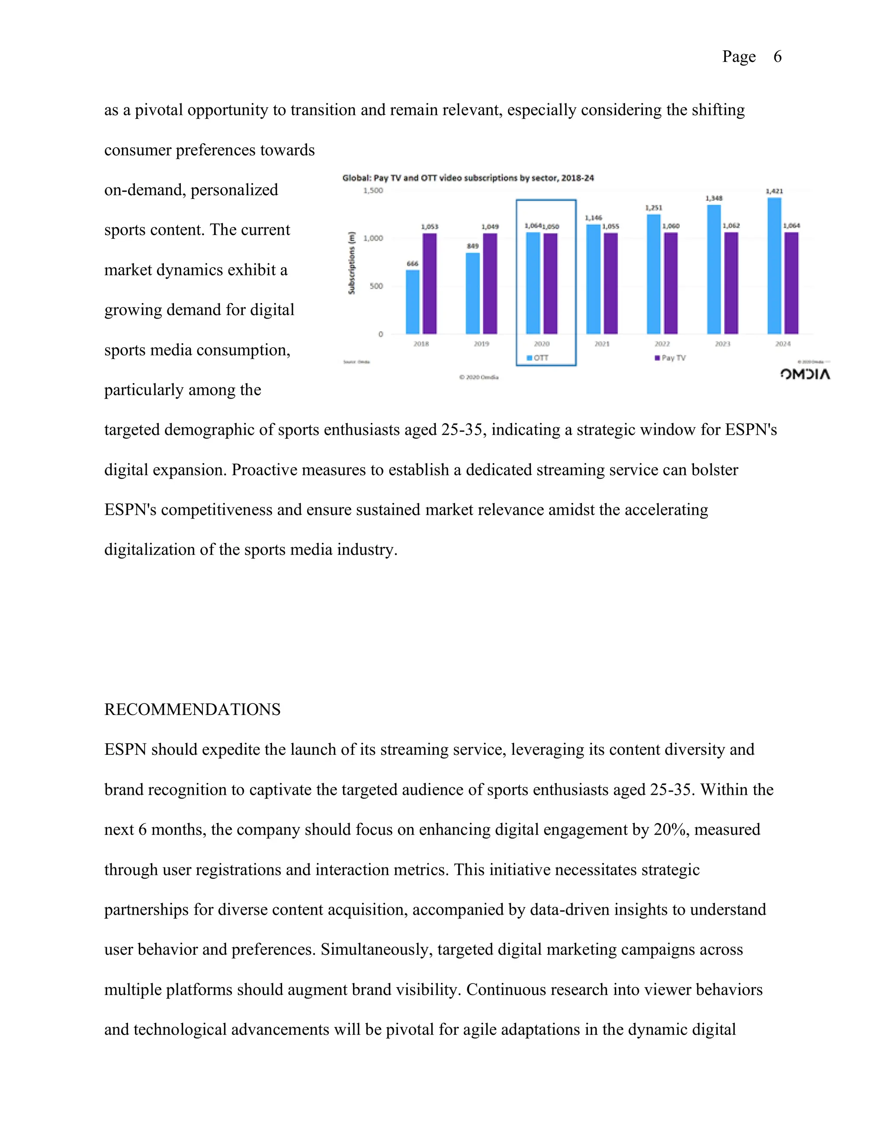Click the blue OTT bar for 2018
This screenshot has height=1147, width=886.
tap(413, 302)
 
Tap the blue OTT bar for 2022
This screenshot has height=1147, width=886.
tap(654, 274)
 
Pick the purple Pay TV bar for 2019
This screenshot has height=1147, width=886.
tap(490, 284)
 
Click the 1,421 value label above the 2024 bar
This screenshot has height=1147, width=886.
tap(774, 191)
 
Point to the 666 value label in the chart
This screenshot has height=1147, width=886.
tap(413, 264)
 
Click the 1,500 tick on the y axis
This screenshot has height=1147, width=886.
tap(373, 190)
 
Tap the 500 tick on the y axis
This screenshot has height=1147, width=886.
tap(376, 286)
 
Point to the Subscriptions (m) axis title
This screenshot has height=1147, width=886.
tap(352, 263)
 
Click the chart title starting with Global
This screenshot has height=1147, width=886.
tap(468, 178)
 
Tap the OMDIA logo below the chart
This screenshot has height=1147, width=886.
tap(805, 374)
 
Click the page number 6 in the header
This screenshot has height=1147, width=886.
tap(777, 57)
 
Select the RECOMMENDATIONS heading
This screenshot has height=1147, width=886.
tap(192, 709)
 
